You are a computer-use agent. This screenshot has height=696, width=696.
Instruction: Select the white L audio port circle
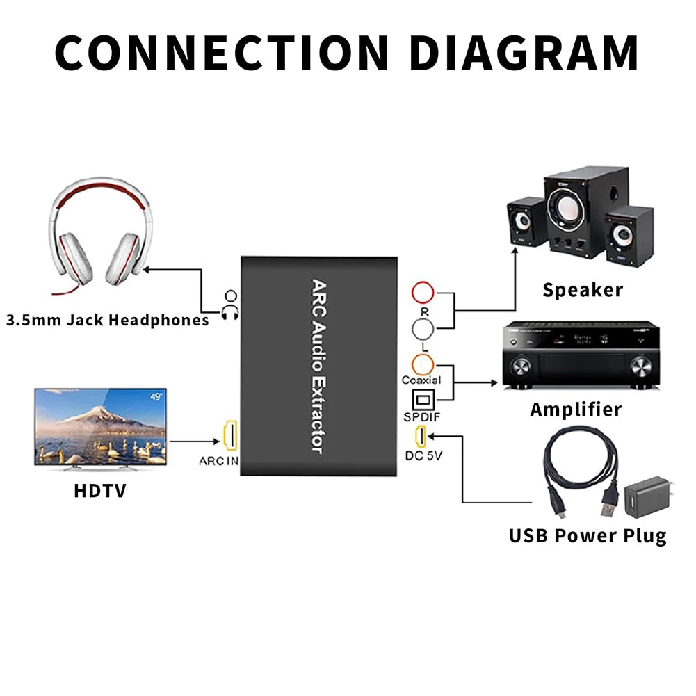pos(423,327)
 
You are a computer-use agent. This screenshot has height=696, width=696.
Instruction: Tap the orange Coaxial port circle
pos(423,364)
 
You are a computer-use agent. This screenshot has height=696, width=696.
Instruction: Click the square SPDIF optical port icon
pos(423,400)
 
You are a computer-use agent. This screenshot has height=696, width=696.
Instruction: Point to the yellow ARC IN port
pos(229,435)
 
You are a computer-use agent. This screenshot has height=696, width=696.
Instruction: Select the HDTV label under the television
pos(100,491)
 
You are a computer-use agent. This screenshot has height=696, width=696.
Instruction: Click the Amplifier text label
pos(576,410)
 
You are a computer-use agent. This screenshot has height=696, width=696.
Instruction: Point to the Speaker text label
pos(583,289)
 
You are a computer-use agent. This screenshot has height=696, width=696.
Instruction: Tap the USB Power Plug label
pos(587,535)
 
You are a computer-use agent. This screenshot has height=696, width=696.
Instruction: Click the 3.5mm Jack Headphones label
pos(108,321)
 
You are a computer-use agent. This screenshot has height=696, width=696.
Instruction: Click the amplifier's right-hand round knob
pos(640,366)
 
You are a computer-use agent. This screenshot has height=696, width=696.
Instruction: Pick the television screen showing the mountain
pos(100,426)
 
